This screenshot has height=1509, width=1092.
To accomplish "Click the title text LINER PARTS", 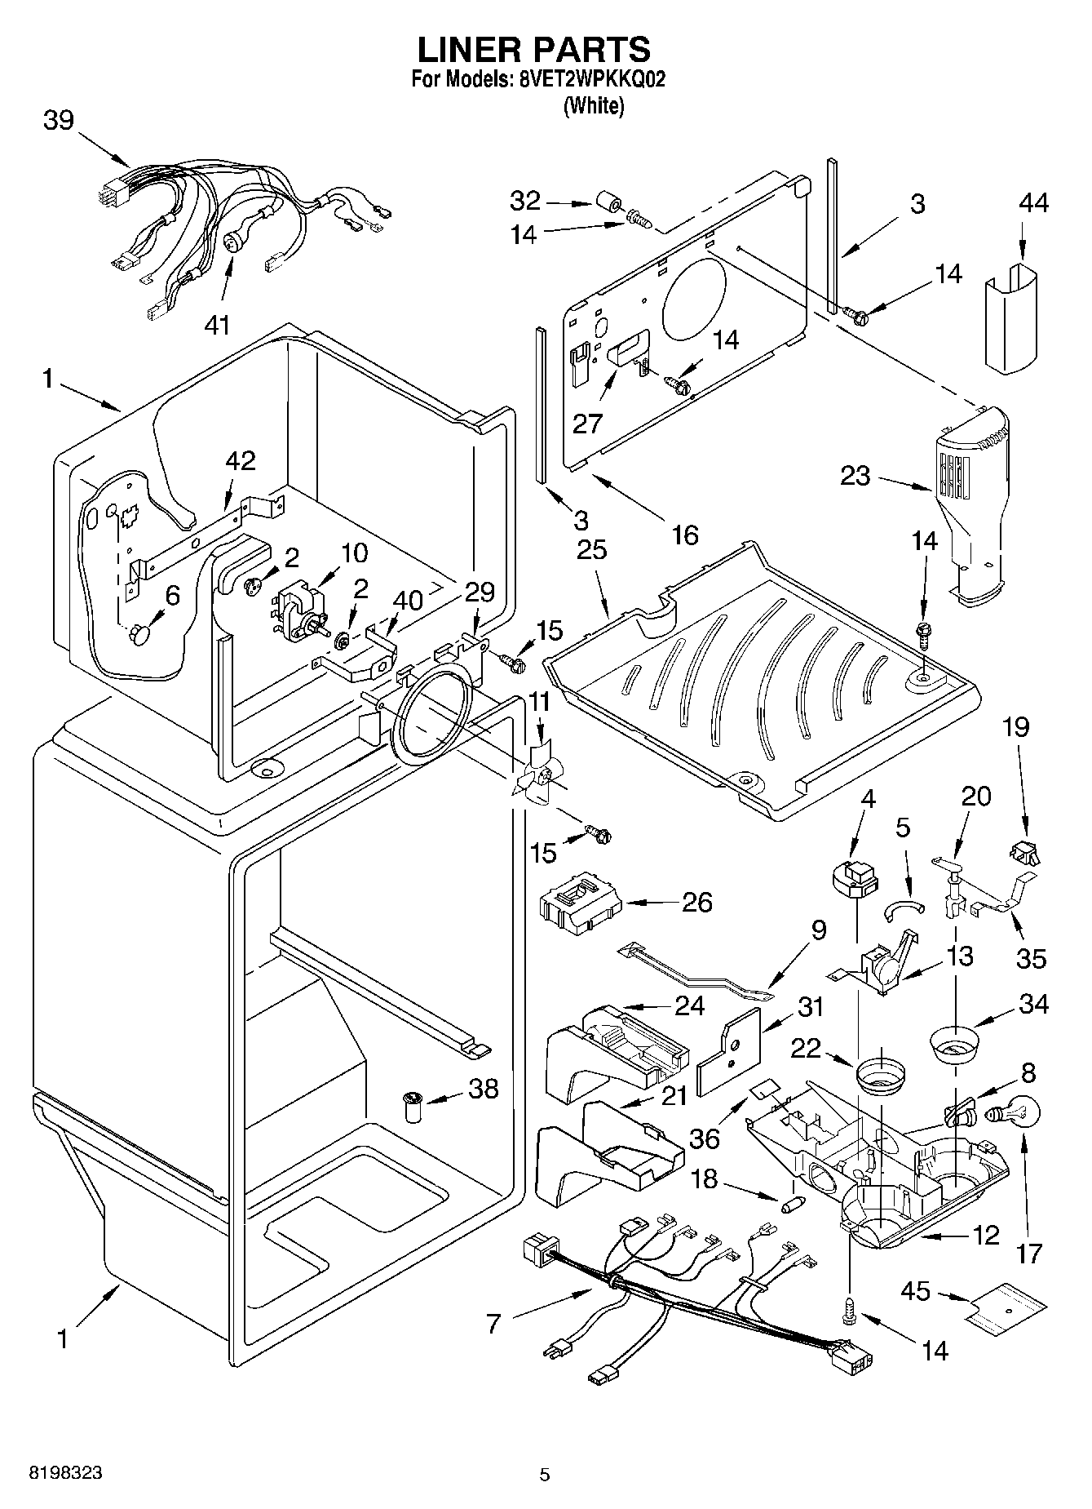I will [x=534, y=50].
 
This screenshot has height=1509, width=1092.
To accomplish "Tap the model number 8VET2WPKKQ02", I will [x=585, y=82].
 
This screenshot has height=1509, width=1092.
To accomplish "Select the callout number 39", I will [x=59, y=121].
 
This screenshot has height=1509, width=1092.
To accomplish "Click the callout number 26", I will [x=697, y=903].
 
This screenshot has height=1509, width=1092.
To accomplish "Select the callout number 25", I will [x=592, y=550].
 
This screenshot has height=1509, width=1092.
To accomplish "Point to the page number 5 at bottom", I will [x=545, y=1474].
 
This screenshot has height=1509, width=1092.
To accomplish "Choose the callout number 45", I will [x=916, y=1313].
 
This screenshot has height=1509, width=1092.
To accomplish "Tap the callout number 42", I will [x=241, y=461].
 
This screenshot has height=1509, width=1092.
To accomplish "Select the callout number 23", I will [x=855, y=475].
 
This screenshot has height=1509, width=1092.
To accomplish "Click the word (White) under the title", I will [x=594, y=105].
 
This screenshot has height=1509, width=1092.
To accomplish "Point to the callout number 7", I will [x=493, y=1323].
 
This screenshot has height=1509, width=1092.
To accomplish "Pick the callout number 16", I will [x=685, y=535].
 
